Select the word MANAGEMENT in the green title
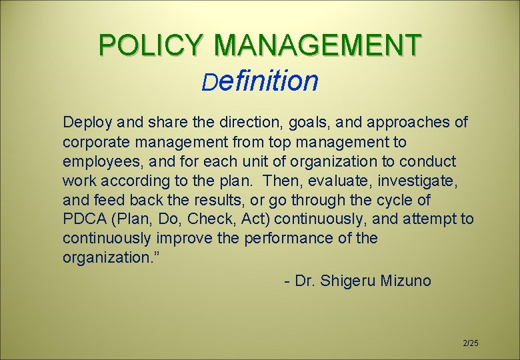point(318,45)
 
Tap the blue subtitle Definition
point(261,81)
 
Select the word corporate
point(93,143)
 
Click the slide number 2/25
point(471,343)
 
